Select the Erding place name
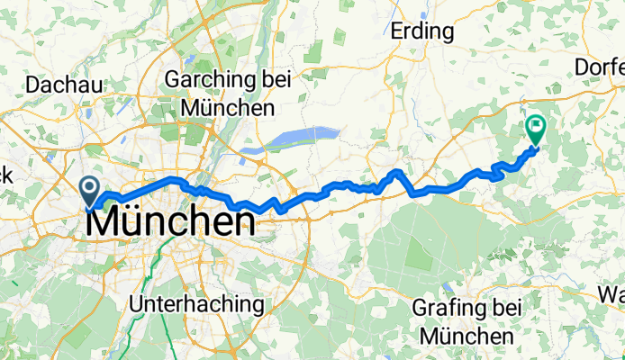pyautogui.click(x=421, y=31)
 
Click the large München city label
pyautogui.click(x=168, y=220)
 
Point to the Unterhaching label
pyautogui.click(x=197, y=304)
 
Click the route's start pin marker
pyautogui.click(x=91, y=190)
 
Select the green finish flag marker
pyautogui.click(x=538, y=130)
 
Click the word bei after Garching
pyautogui.click(x=274, y=80)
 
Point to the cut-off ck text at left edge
pyautogui.click(x=5, y=176)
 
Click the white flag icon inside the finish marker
pyautogui.click(x=538, y=127)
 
